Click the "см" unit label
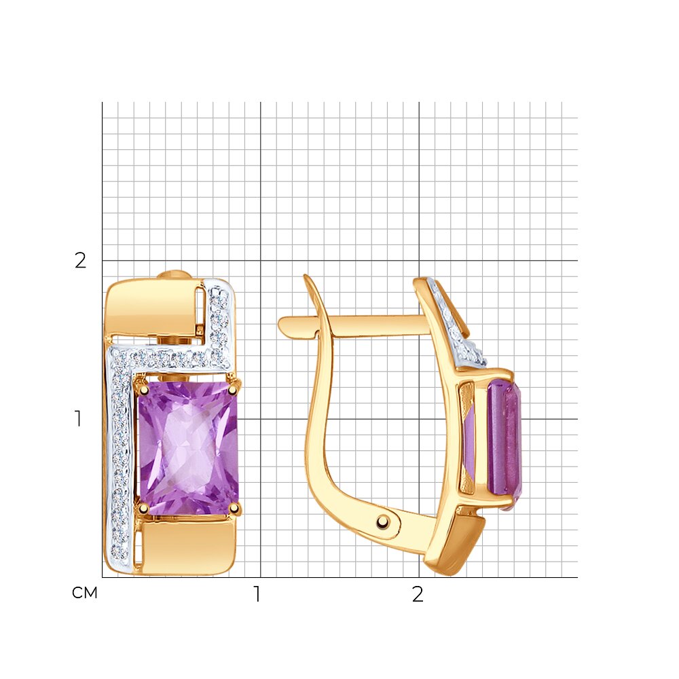[84, 593]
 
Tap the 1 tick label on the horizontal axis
[257, 594]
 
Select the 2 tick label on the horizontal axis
[418, 594]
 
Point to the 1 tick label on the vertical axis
[78, 418]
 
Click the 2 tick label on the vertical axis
[81, 261]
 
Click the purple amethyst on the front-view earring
[188, 447]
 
